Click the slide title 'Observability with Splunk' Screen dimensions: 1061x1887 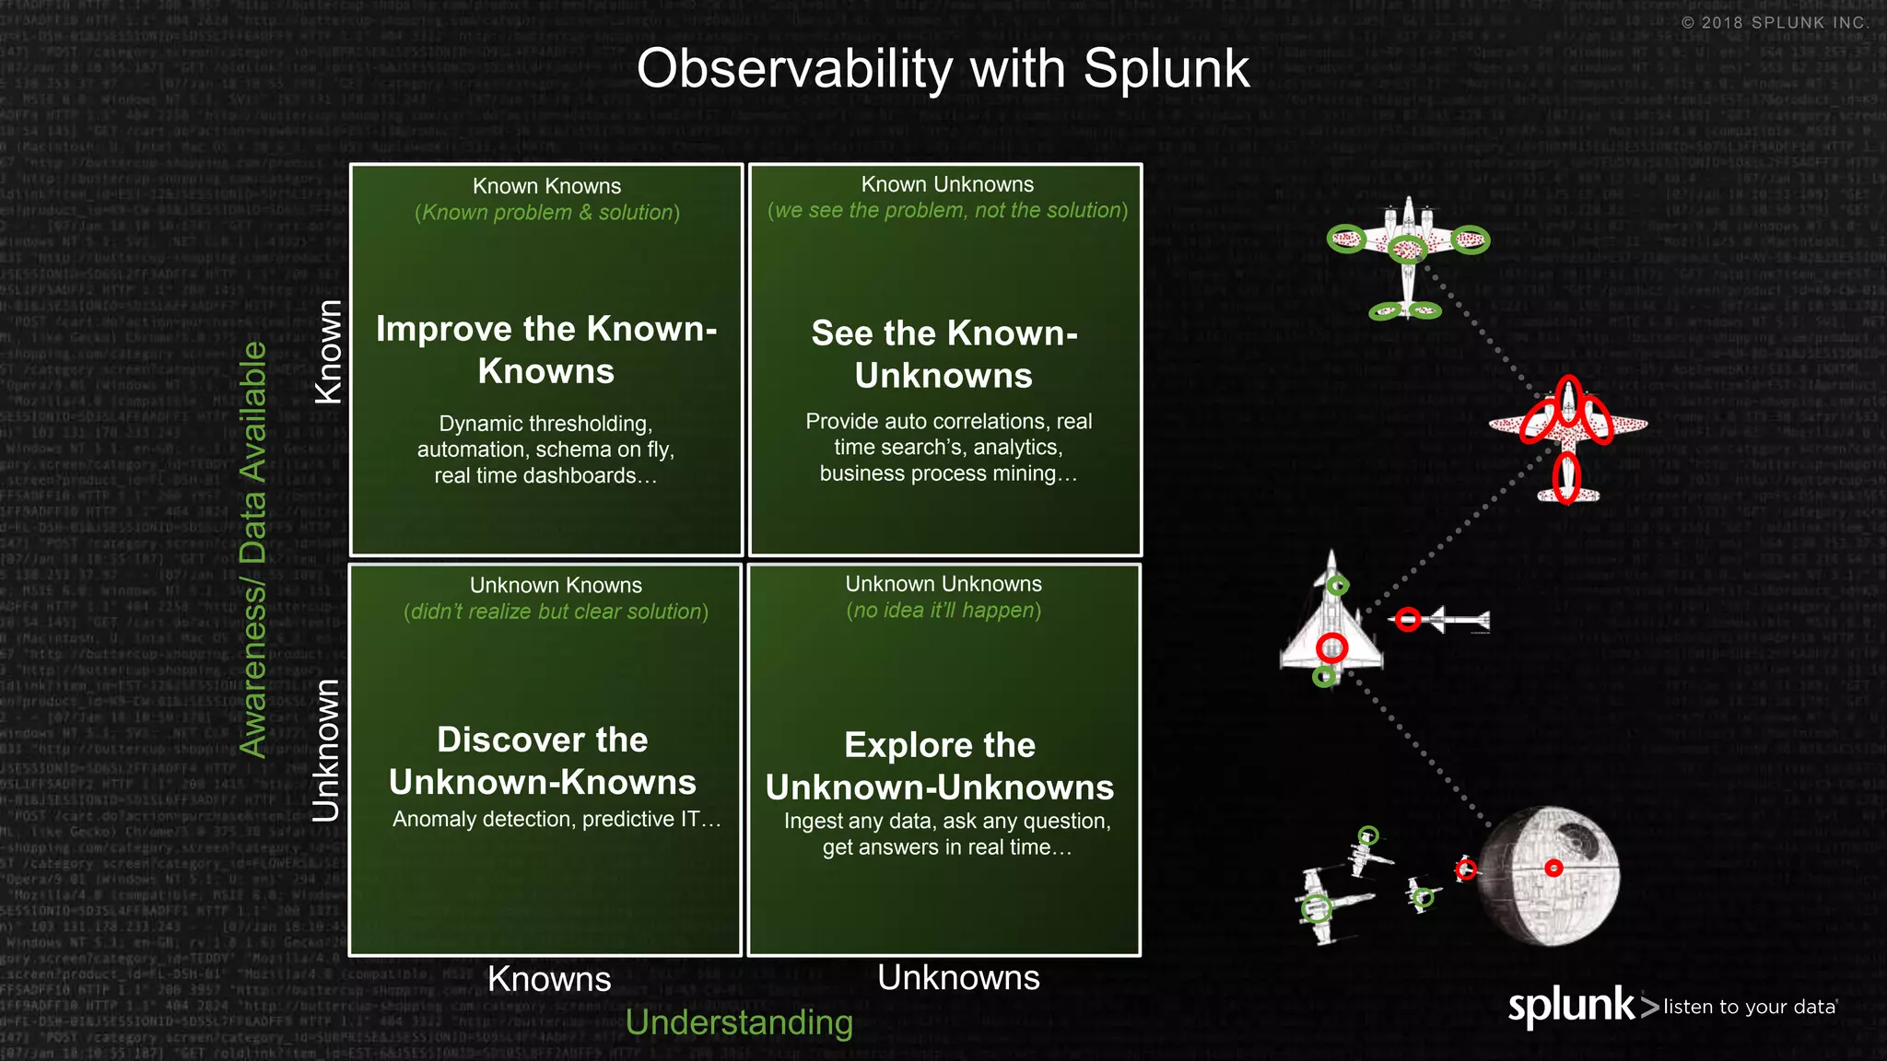point(943,69)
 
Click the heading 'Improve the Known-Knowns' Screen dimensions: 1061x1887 point(546,350)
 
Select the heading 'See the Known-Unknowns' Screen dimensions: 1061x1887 point(944,355)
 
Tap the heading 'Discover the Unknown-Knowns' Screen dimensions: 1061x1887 point(543,761)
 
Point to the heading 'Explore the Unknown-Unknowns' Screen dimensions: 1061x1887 point(940,766)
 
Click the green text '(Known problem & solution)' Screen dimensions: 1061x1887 point(547,213)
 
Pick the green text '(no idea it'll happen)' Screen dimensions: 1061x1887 point(943,611)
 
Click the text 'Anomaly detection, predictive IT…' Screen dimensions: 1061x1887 point(557,819)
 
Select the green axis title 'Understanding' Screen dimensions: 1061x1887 point(739,1022)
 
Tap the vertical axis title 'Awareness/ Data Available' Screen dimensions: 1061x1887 point(252,550)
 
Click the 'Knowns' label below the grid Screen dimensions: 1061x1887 point(549,979)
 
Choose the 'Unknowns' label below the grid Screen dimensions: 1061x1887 point(958,977)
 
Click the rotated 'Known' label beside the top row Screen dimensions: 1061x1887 point(329,352)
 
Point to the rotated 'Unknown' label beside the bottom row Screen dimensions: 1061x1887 point(326,751)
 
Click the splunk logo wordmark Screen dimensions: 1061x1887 point(1571,1006)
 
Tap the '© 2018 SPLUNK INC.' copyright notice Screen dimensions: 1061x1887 point(1775,23)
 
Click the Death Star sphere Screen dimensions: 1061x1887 point(1550,875)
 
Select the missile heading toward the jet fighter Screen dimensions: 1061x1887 point(1443,620)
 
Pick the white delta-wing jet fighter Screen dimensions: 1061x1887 point(1331,622)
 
